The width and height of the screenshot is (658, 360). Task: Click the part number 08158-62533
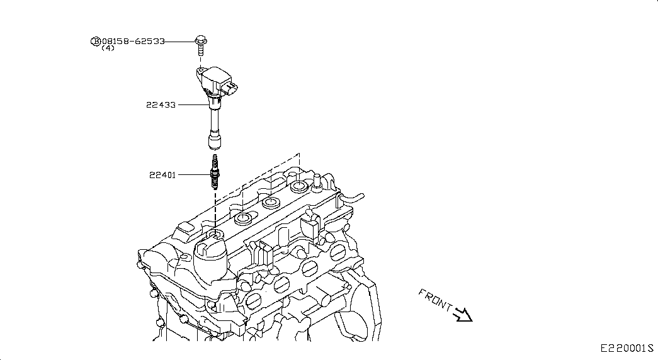click(133, 42)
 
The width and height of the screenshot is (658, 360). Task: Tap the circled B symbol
click(96, 41)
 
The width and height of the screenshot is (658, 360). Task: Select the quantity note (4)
click(108, 48)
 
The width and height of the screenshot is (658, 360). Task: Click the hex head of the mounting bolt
click(201, 41)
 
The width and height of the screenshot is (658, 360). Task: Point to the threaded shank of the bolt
click(201, 50)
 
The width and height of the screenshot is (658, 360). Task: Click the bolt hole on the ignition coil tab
click(201, 70)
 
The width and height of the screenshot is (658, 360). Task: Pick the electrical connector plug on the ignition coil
click(231, 88)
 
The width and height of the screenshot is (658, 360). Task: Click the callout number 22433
click(161, 105)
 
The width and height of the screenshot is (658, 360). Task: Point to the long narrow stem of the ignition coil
click(215, 120)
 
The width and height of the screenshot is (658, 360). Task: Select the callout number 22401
click(162, 175)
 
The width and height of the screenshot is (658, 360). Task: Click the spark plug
click(215, 172)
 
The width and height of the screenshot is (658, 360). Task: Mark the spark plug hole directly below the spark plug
click(216, 235)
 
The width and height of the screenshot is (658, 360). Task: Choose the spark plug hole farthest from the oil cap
click(299, 186)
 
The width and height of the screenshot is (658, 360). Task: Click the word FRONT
click(434, 300)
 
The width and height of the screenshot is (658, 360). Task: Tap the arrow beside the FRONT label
click(463, 315)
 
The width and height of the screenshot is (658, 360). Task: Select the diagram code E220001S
click(627, 348)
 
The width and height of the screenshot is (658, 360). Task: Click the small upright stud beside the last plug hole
click(317, 181)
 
